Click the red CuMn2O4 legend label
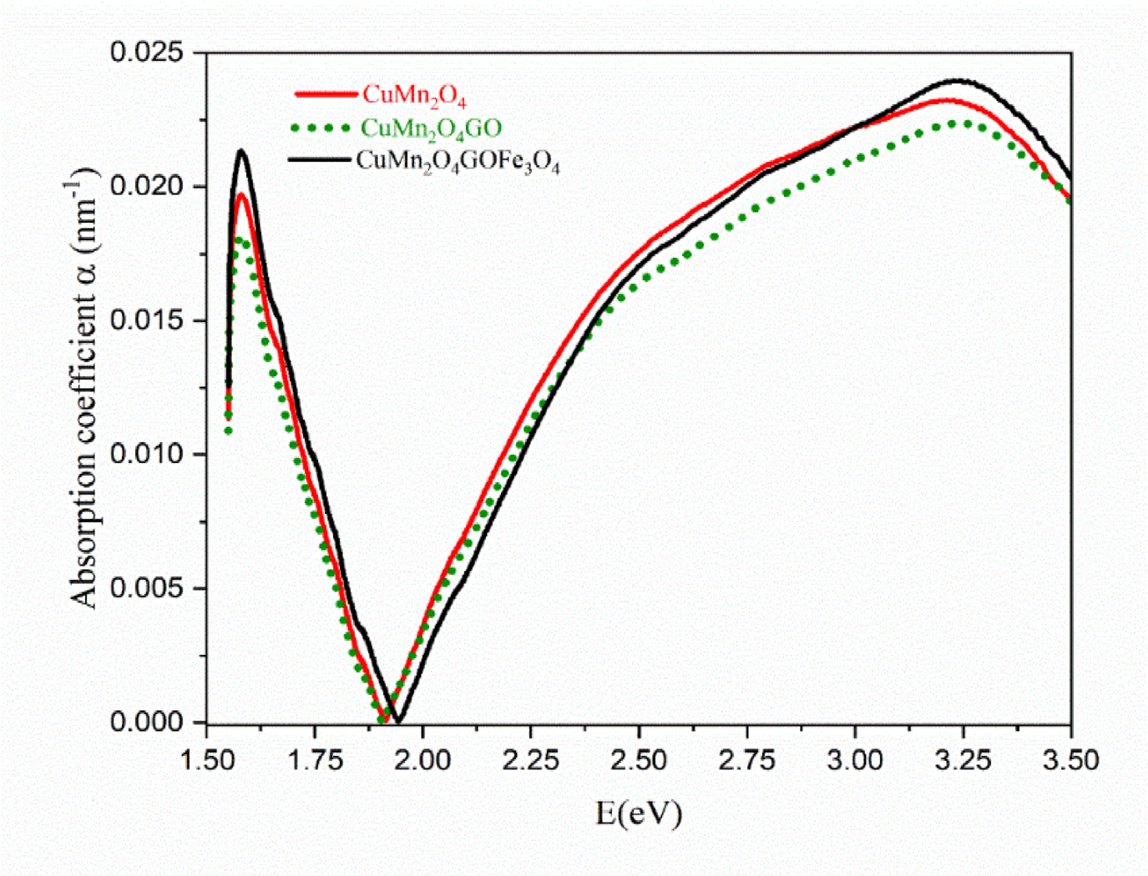coord(413,95)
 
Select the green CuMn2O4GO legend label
coord(431,128)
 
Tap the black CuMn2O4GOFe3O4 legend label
coord(458,161)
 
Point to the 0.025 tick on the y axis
coord(148,53)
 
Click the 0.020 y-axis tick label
coord(148,186)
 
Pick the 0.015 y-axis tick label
coord(148,320)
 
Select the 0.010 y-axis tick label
coord(148,455)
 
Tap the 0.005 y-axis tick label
coord(148,588)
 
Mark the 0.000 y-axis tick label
coord(148,722)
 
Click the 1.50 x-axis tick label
coord(207,760)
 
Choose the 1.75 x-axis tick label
coord(315,760)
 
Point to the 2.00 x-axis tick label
coord(422,760)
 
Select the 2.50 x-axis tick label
coord(639,760)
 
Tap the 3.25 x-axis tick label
coord(963,760)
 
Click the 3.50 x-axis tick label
coord(1071,760)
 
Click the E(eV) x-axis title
coord(639,812)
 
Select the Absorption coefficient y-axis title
coord(84,388)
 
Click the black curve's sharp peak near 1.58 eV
coord(241,151)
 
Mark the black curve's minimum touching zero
coord(398,721)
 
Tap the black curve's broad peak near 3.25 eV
coord(960,81)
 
